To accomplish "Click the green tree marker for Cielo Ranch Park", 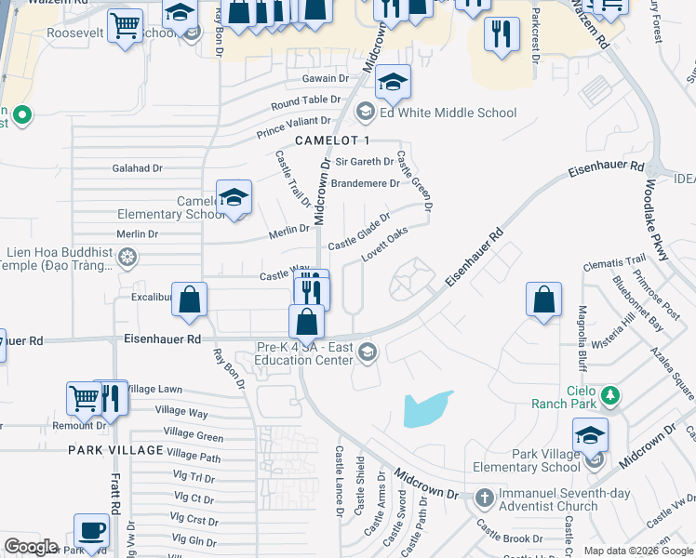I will click(610, 396).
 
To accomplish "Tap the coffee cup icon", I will click(91, 530).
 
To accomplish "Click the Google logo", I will click(31, 547).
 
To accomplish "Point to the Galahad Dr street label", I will click(137, 168).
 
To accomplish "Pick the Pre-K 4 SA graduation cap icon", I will click(368, 351).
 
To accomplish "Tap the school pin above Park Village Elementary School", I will click(590, 434).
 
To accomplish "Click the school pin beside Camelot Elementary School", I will click(234, 196).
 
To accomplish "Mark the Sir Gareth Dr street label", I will click(362, 162).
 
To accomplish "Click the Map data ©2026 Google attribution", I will click(638, 551).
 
